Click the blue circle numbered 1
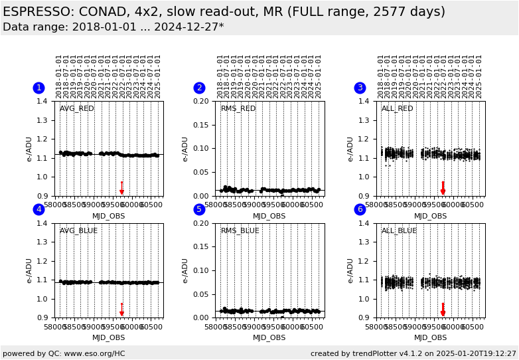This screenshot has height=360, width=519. [x=38, y=88]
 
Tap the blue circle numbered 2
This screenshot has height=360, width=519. [x=199, y=88]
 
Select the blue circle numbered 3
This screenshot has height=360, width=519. [x=360, y=88]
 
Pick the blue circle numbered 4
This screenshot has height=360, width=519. [x=38, y=209]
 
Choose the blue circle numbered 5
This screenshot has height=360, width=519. [x=199, y=209]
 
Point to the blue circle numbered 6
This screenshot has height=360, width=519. [x=360, y=209]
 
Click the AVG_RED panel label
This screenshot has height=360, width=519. [x=77, y=108]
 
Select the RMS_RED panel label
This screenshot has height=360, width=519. [x=238, y=108]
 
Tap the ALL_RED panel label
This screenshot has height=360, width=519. [x=398, y=108]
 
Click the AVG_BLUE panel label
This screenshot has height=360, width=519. [x=78, y=230]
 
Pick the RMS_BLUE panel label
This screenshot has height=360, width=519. [x=240, y=230]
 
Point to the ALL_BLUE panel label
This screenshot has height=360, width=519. [x=399, y=230]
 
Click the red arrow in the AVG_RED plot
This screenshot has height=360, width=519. [x=121, y=188]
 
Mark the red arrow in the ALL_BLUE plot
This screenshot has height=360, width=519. [x=443, y=310]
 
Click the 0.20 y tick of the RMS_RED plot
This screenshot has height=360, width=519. [x=202, y=101]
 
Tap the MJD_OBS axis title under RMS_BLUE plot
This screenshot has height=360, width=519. [x=269, y=337]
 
